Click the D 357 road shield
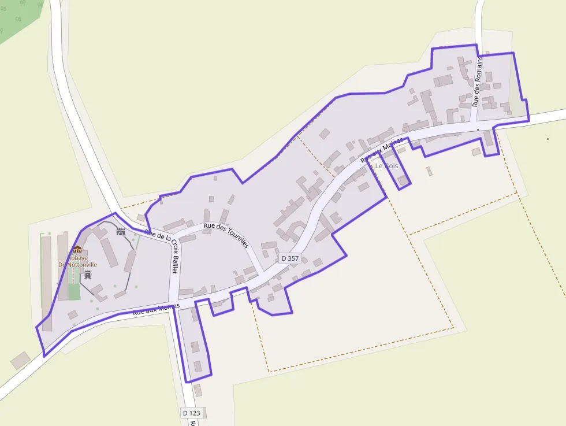pos(289,258)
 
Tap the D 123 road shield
pos(191,413)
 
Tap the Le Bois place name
pos(386,166)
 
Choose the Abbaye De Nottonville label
pos(77,261)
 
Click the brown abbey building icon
pos(77,250)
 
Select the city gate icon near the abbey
pos(121,231)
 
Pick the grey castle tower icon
pos(88,275)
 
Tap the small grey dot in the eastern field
pos(548,139)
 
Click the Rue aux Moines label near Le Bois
pos(381,151)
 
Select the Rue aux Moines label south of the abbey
pos(156,309)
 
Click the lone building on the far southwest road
pos(20,360)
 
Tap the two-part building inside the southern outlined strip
pos(196,356)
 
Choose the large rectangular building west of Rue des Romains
pos(443,80)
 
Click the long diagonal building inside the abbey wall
pos(109,253)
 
